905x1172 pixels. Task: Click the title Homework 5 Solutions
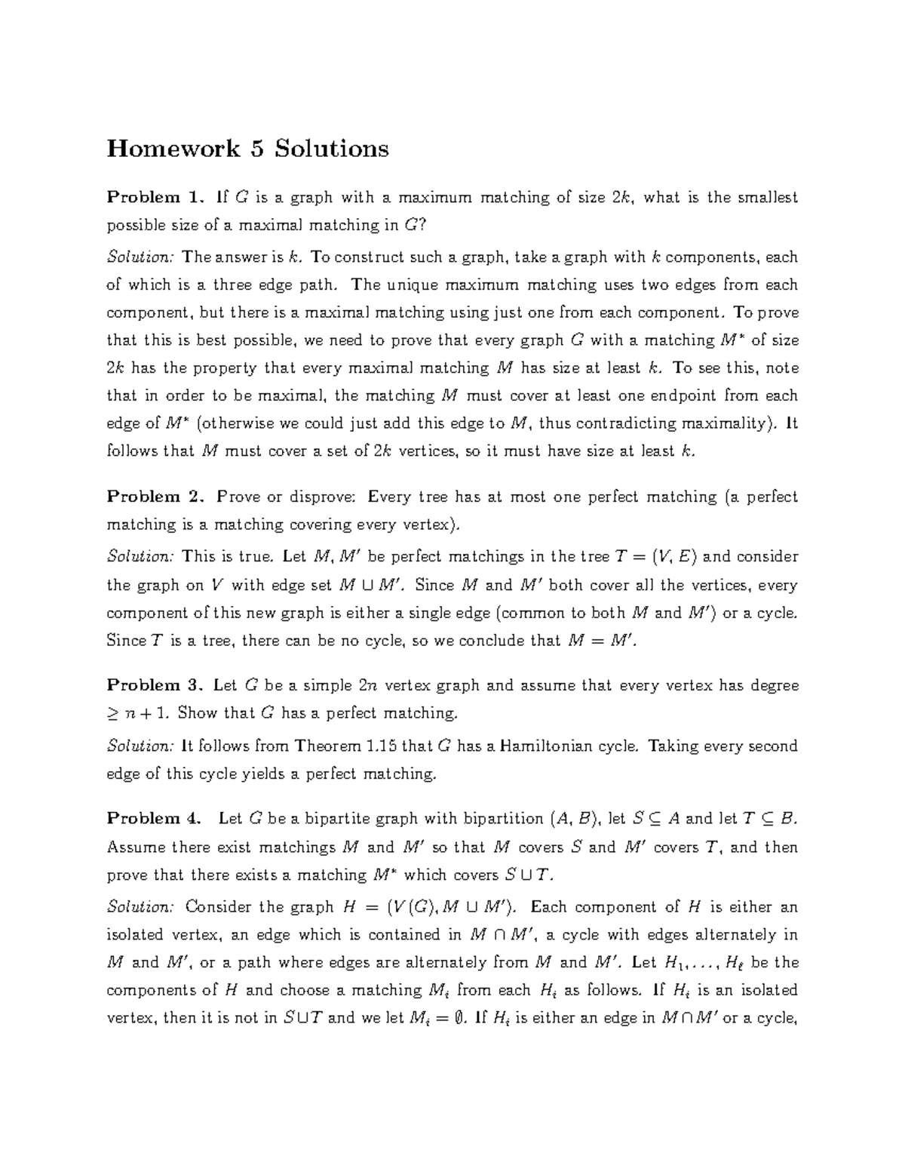point(247,148)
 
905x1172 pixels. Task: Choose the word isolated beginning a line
point(135,935)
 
